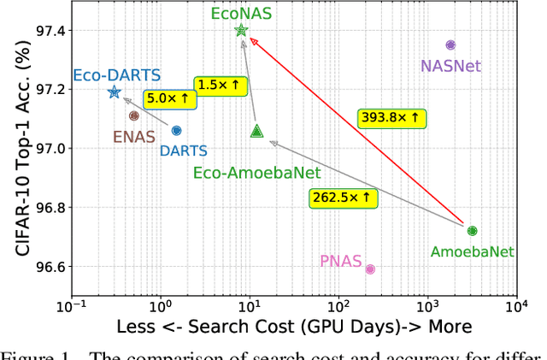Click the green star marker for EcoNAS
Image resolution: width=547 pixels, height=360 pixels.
point(241,31)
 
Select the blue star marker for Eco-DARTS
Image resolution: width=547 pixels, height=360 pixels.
point(114,91)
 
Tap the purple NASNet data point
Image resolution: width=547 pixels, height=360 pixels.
point(450,44)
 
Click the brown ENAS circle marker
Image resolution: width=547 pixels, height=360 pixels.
point(133,115)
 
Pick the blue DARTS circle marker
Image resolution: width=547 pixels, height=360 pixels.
point(176,131)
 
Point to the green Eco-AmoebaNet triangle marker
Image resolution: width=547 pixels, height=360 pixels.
point(257,131)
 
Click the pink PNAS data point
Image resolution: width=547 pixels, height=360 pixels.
point(370,269)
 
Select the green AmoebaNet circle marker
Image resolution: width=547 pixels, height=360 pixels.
point(472,231)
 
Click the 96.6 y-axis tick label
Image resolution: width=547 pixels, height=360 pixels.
point(45,268)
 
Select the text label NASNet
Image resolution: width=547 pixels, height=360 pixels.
point(450,65)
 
